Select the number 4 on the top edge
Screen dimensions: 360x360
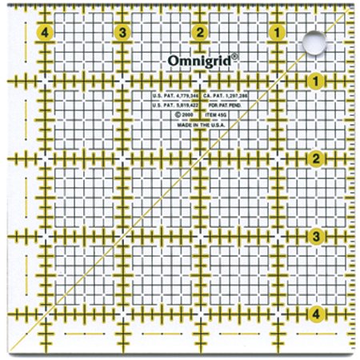pos(44,33)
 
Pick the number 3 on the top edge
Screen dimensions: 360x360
pos(122,33)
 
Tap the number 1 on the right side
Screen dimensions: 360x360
pos(317,81)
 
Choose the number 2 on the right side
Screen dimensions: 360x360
pos(317,158)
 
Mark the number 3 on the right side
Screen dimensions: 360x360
pos(317,236)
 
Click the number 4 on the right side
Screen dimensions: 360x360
pos(317,314)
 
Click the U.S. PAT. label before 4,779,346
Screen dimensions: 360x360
pos(162,95)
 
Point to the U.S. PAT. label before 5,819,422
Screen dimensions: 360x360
pos(162,105)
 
